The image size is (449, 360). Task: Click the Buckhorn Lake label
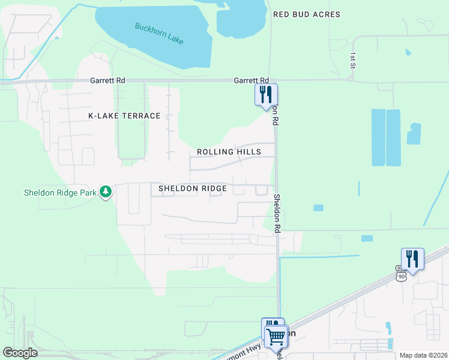[159, 34]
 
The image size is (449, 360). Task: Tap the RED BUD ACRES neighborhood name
[306, 14]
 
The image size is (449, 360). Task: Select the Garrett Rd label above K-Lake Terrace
[107, 80]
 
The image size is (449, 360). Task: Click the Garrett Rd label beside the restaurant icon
[251, 80]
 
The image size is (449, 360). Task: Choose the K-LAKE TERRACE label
[124, 116]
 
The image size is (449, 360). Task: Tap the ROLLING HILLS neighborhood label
[229, 152]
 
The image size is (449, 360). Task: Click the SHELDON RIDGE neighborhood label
[192, 188]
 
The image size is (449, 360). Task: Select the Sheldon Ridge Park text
[60, 193]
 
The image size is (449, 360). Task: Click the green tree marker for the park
[106, 192]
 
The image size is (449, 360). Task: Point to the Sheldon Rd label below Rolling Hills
[277, 214]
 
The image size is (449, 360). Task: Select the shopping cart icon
[276, 336]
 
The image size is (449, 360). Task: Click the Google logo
[20, 353]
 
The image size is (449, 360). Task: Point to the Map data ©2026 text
[423, 355]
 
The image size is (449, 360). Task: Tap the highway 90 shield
[401, 275]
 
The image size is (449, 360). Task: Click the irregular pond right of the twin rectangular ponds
[414, 134]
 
